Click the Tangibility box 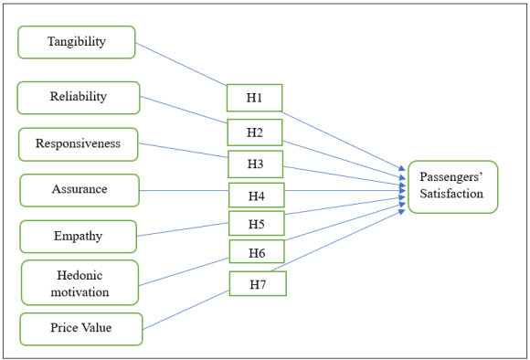click(77, 42)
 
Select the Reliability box click(79, 97)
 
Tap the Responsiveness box click(79, 143)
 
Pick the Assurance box click(79, 190)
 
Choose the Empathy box click(78, 237)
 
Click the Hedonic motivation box click(79, 282)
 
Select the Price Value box click(81, 328)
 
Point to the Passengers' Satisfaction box click(452, 186)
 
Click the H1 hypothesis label click(254, 98)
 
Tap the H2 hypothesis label click(255, 132)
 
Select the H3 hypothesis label click(255, 164)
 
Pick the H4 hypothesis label click(257, 195)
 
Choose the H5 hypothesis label click(257, 223)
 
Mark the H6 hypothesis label click(257, 251)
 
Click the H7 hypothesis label click(257, 284)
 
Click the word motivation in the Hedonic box click(79, 292)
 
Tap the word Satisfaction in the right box click(452, 195)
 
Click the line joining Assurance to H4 click(183, 190)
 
